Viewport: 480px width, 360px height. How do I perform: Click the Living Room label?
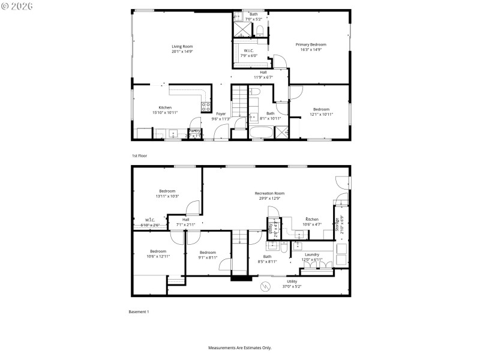pos(182,46)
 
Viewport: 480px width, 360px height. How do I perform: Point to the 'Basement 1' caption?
pos(139,311)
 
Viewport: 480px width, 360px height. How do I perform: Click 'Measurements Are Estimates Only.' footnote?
pos(239,347)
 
